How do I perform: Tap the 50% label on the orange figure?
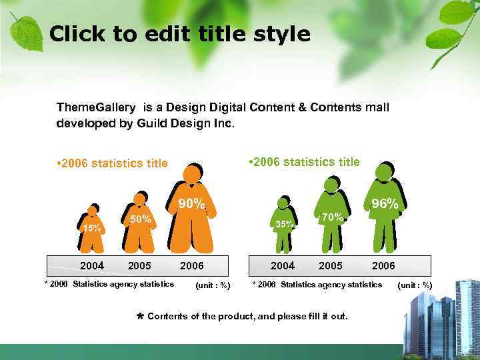click(140, 219)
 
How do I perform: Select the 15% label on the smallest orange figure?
click(91, 229)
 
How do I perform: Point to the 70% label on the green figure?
click(332, 217)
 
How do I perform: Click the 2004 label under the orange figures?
click(92, 265)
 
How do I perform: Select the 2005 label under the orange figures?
click(139, 265)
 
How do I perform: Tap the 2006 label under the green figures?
click(383, 265)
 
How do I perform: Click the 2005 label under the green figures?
click(331, 265)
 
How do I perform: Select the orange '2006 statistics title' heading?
click(113, 163)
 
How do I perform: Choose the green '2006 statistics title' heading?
click(303, 161)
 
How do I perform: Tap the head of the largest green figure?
click(384, 172)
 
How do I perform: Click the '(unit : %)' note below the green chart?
click(415, 285)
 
